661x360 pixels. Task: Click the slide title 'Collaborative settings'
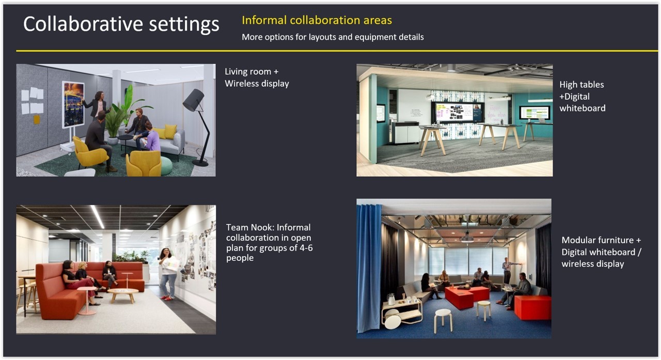coord(121,24)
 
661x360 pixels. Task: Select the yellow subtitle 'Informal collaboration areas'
coord(317,20)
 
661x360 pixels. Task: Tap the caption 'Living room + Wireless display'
coord(257,77)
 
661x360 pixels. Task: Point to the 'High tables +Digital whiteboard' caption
coord(582,97)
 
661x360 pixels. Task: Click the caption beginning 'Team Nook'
coord(270,243)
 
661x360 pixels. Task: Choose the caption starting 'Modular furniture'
coord(601,252)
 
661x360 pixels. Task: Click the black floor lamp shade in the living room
coord(193,100)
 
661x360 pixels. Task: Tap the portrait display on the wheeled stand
coord(73,105)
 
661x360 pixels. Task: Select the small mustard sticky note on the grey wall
coord(37,119)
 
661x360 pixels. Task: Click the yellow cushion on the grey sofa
coord(170,131)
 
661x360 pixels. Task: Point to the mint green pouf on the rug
coord(166,165)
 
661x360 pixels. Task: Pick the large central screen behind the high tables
coord(458,112)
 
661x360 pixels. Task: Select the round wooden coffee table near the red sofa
coord(123,295)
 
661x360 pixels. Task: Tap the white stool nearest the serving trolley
coord(443,320)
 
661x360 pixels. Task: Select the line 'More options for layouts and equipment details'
coord(333,37)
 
